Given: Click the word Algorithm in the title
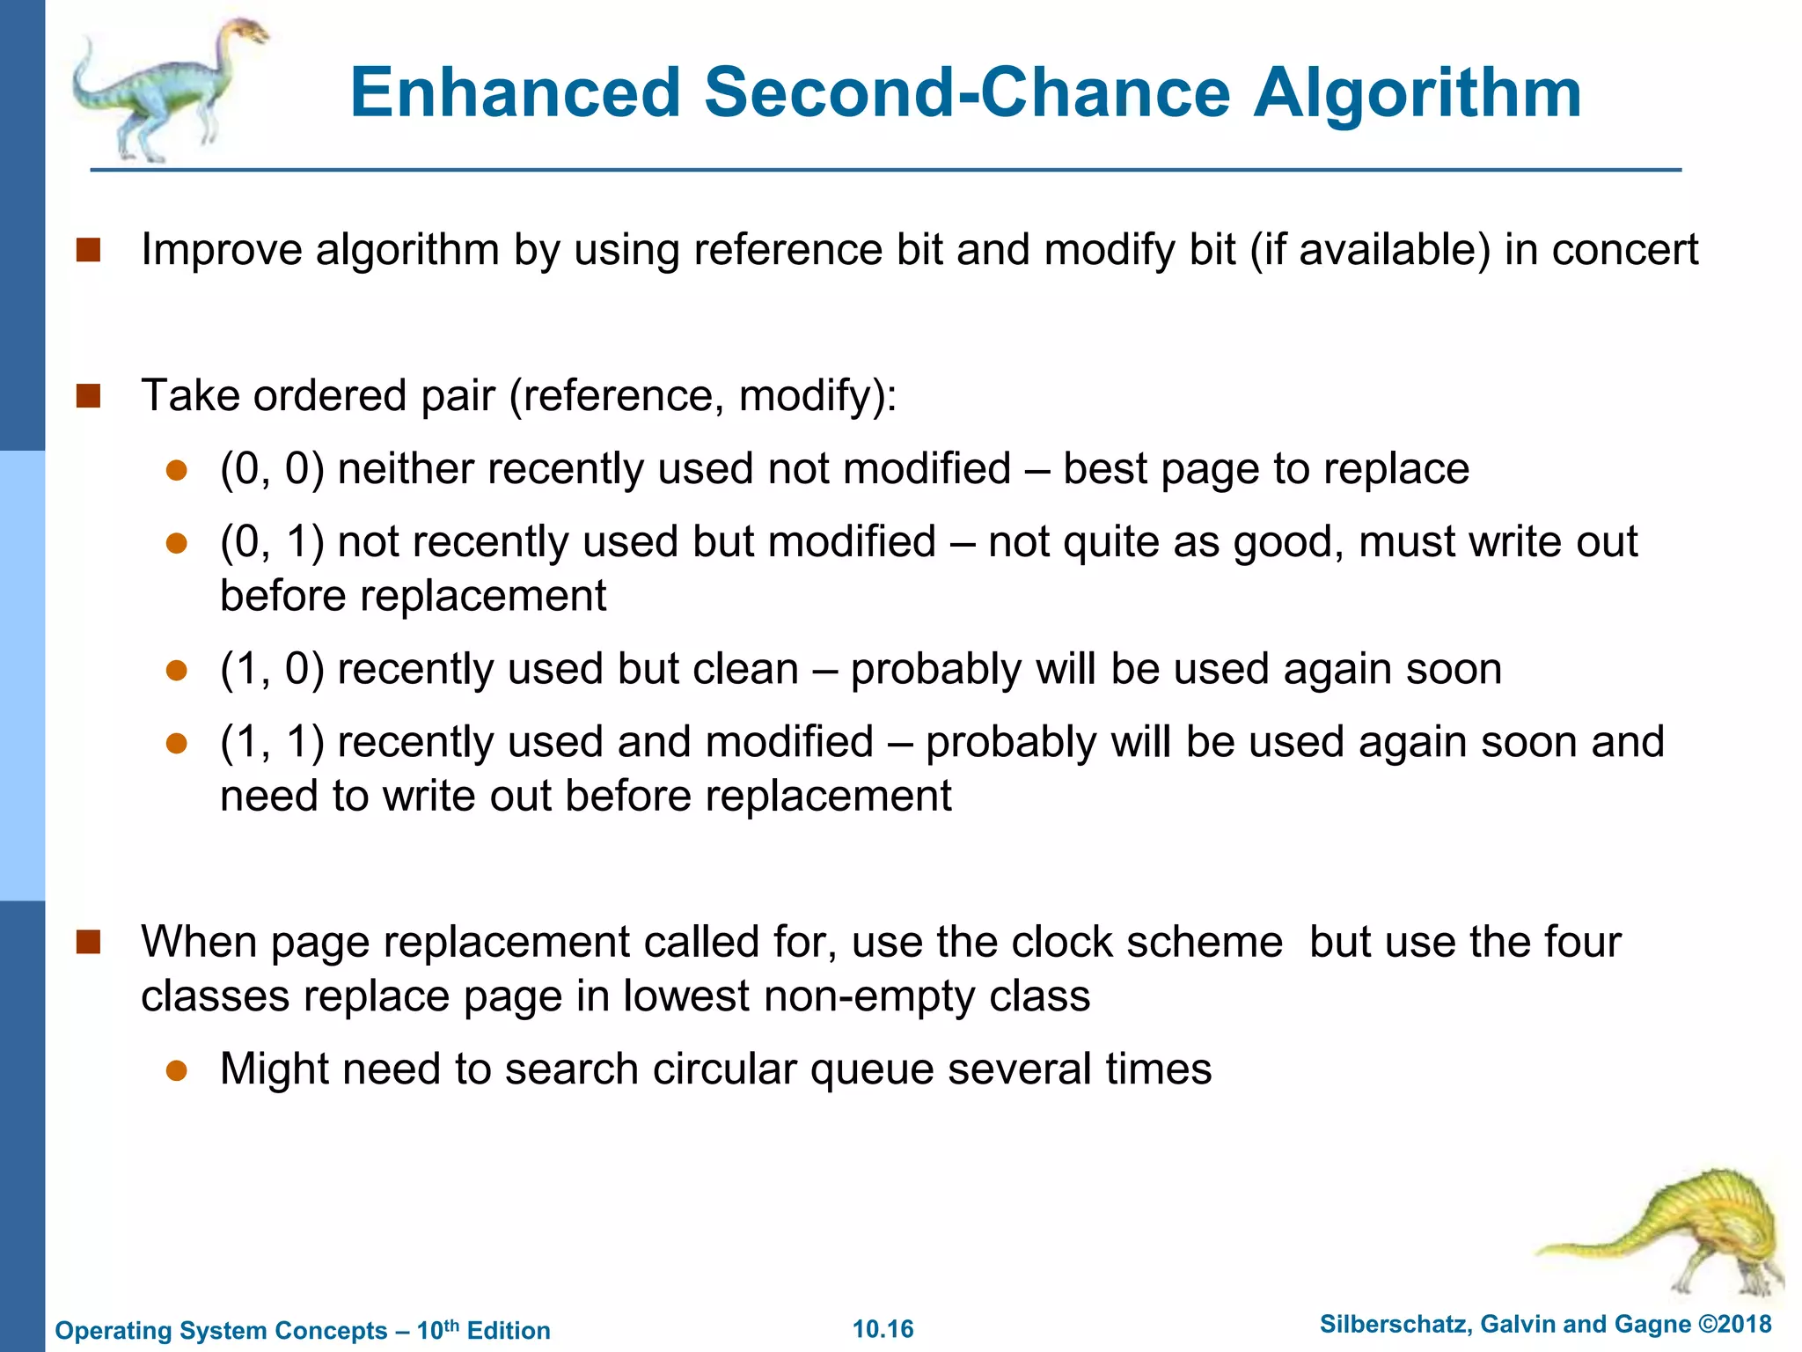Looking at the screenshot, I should (x=1417, y=93).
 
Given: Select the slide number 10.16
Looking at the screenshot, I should (x=883, y=1329).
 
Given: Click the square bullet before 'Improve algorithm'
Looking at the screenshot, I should (x=89, y=251).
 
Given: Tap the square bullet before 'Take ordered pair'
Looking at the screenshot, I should (x=89, y=396).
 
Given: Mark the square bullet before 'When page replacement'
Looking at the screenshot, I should (x=89, y=943).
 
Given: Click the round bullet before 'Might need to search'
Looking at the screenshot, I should (x=177, y=1070).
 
